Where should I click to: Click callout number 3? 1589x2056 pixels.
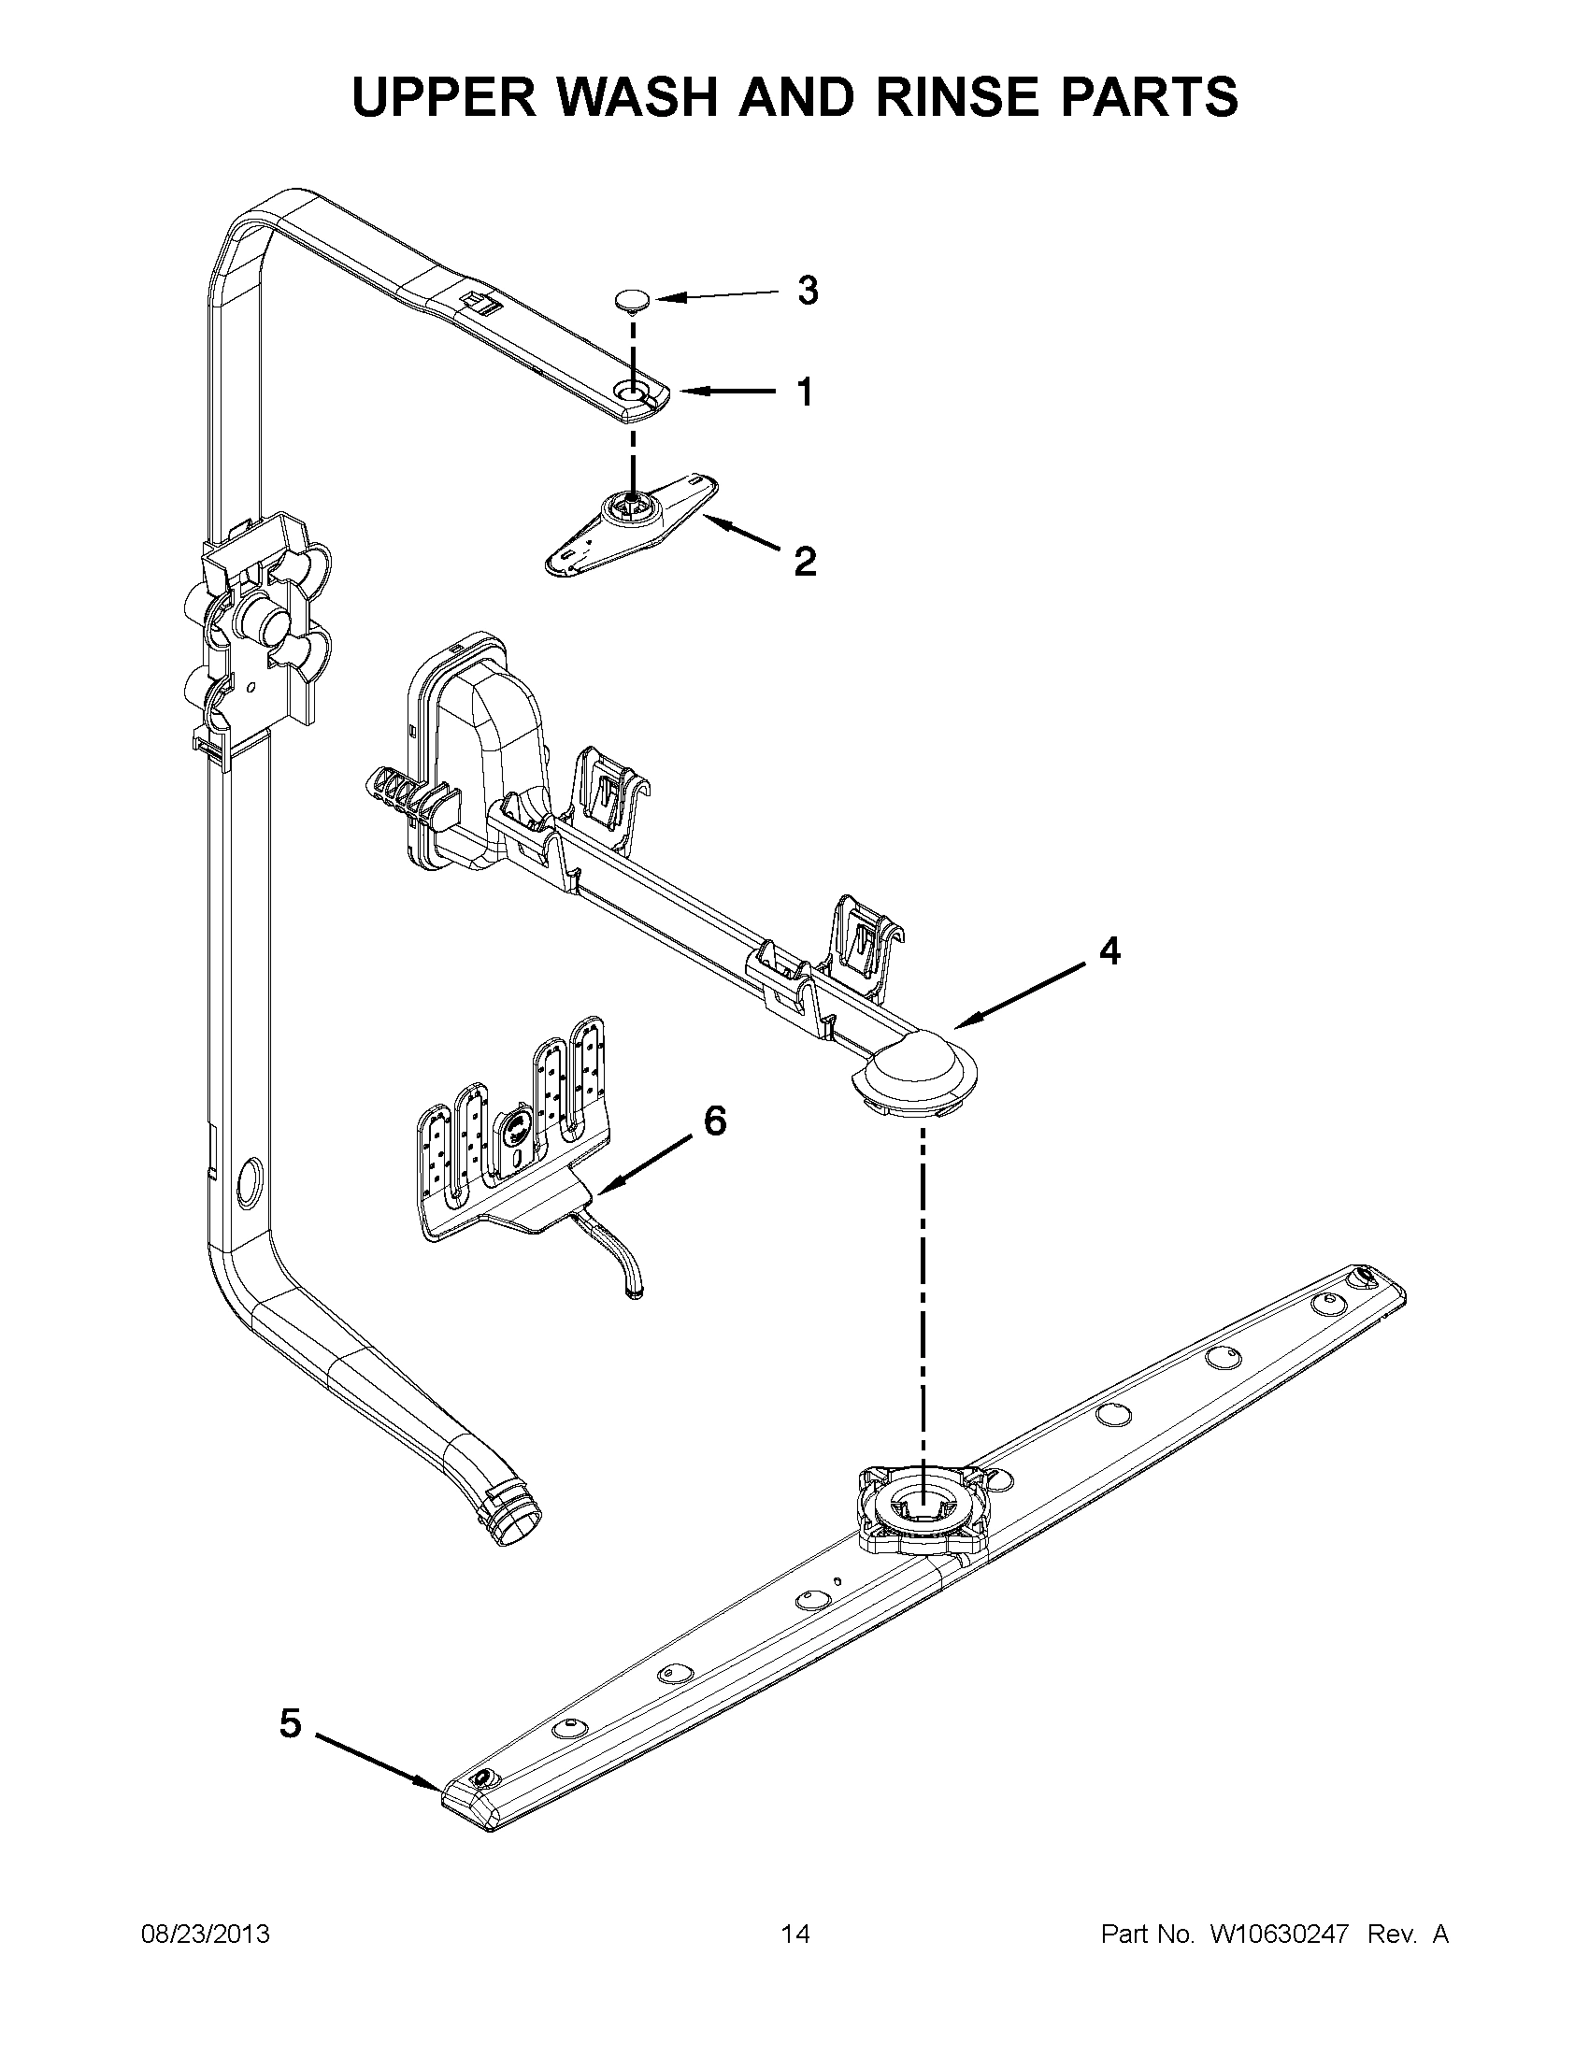[x=808, y=292]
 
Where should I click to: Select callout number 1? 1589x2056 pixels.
[x=805, y=392]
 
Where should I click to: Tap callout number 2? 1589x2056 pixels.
[x=805, y=562]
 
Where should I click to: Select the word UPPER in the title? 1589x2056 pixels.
[x=442, y=96]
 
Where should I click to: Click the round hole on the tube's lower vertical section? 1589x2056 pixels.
[x=250, y=1182]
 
